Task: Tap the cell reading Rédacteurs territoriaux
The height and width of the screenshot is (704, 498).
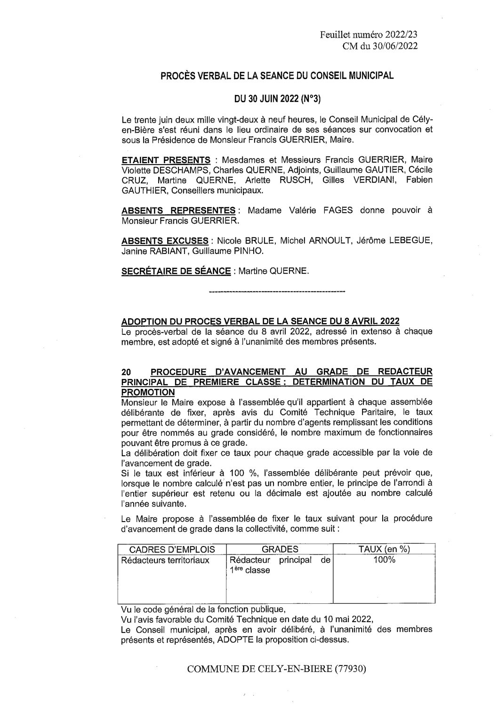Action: pyautogui.click(x=165, y=560)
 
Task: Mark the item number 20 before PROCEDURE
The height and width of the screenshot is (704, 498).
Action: pyautogui.click(x=126, y=372)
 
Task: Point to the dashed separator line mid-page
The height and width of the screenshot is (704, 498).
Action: pyautogui.click(x=276, y=293)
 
